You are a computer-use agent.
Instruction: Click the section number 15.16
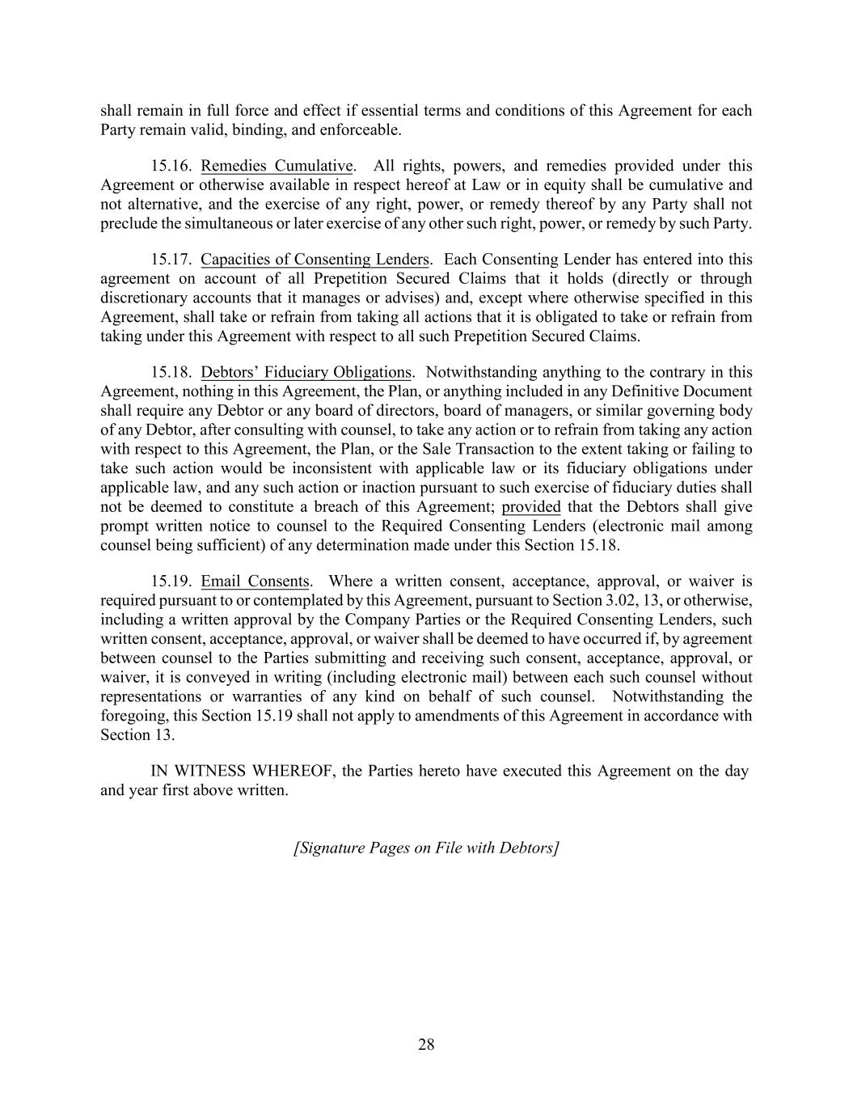point(171,167)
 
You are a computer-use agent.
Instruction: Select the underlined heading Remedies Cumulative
point(277,167)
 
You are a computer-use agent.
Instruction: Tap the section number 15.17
point(171,260)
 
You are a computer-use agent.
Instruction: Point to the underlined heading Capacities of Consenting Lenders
point(315,260)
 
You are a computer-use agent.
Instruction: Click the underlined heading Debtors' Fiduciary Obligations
point(306,373)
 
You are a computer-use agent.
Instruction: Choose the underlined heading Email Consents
point(255,582)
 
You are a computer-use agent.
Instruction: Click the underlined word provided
point(531,507)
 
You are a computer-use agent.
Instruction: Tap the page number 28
point(426,1045)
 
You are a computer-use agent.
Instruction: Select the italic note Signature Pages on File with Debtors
point(426,848)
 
